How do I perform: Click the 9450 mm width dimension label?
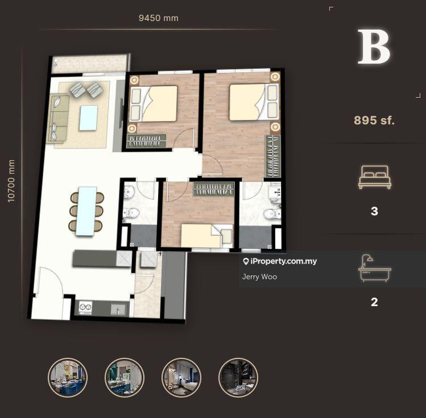point(158,18)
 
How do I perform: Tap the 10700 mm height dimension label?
point(11,181)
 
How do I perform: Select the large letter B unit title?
point(374,47)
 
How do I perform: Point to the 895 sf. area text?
point(374,120)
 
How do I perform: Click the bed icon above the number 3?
point(375,177)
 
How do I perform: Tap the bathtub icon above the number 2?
point(374,268)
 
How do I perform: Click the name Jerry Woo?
point(259,277)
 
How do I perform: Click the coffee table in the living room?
point(88,118)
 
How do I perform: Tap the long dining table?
point(86,211)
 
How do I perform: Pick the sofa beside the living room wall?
point(57,118)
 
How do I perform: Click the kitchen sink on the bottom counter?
point(118,309)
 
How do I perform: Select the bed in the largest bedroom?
point(254,102)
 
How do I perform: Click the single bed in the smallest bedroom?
point(207,236)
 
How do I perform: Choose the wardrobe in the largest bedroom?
point(272,156)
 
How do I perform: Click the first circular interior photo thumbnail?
point(68,378)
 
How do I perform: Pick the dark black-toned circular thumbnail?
point(238,378)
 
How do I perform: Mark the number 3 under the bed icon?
point(374,211)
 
